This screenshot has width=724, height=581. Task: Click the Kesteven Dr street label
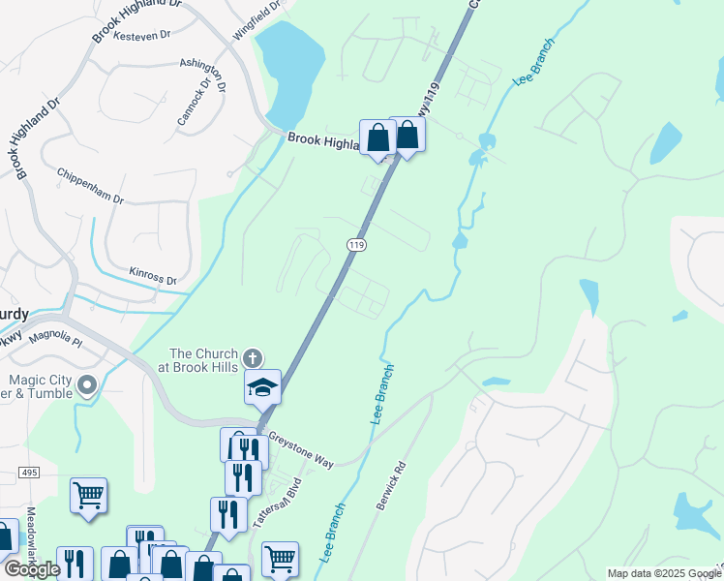[141, 35]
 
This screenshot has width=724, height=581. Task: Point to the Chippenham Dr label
[90, 186]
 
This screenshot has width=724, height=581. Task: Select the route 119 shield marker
[357, 246]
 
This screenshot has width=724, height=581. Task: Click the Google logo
[31, 569]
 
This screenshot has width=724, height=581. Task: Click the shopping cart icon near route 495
[88, 496]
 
